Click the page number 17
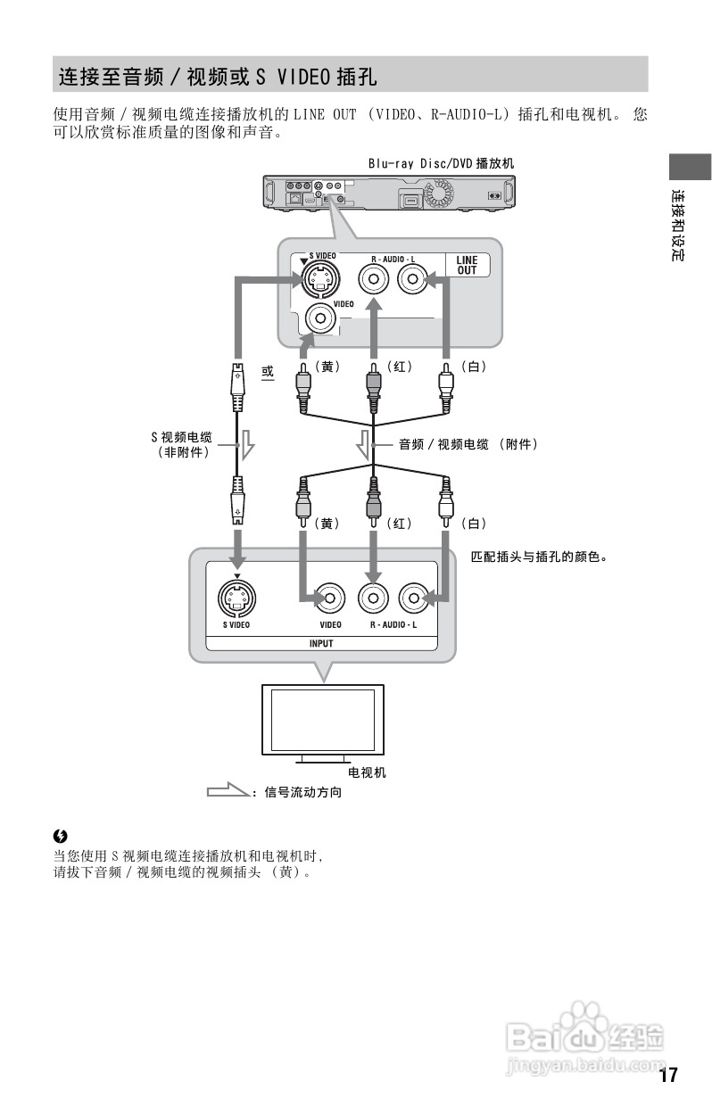pos(669,1074)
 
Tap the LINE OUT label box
pos(467,266)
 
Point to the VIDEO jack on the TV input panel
pos(331,598)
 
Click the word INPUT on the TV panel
pos(321,643)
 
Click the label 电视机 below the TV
pos(367,772)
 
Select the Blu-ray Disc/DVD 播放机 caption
pos(441,164)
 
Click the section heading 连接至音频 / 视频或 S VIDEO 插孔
pos(218,77)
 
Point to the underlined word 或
pos(268,370)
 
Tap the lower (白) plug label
pos(473,524)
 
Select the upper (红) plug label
pos(399,367)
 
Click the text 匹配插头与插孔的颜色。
pos(539,557)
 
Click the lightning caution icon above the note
pos(61,836)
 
